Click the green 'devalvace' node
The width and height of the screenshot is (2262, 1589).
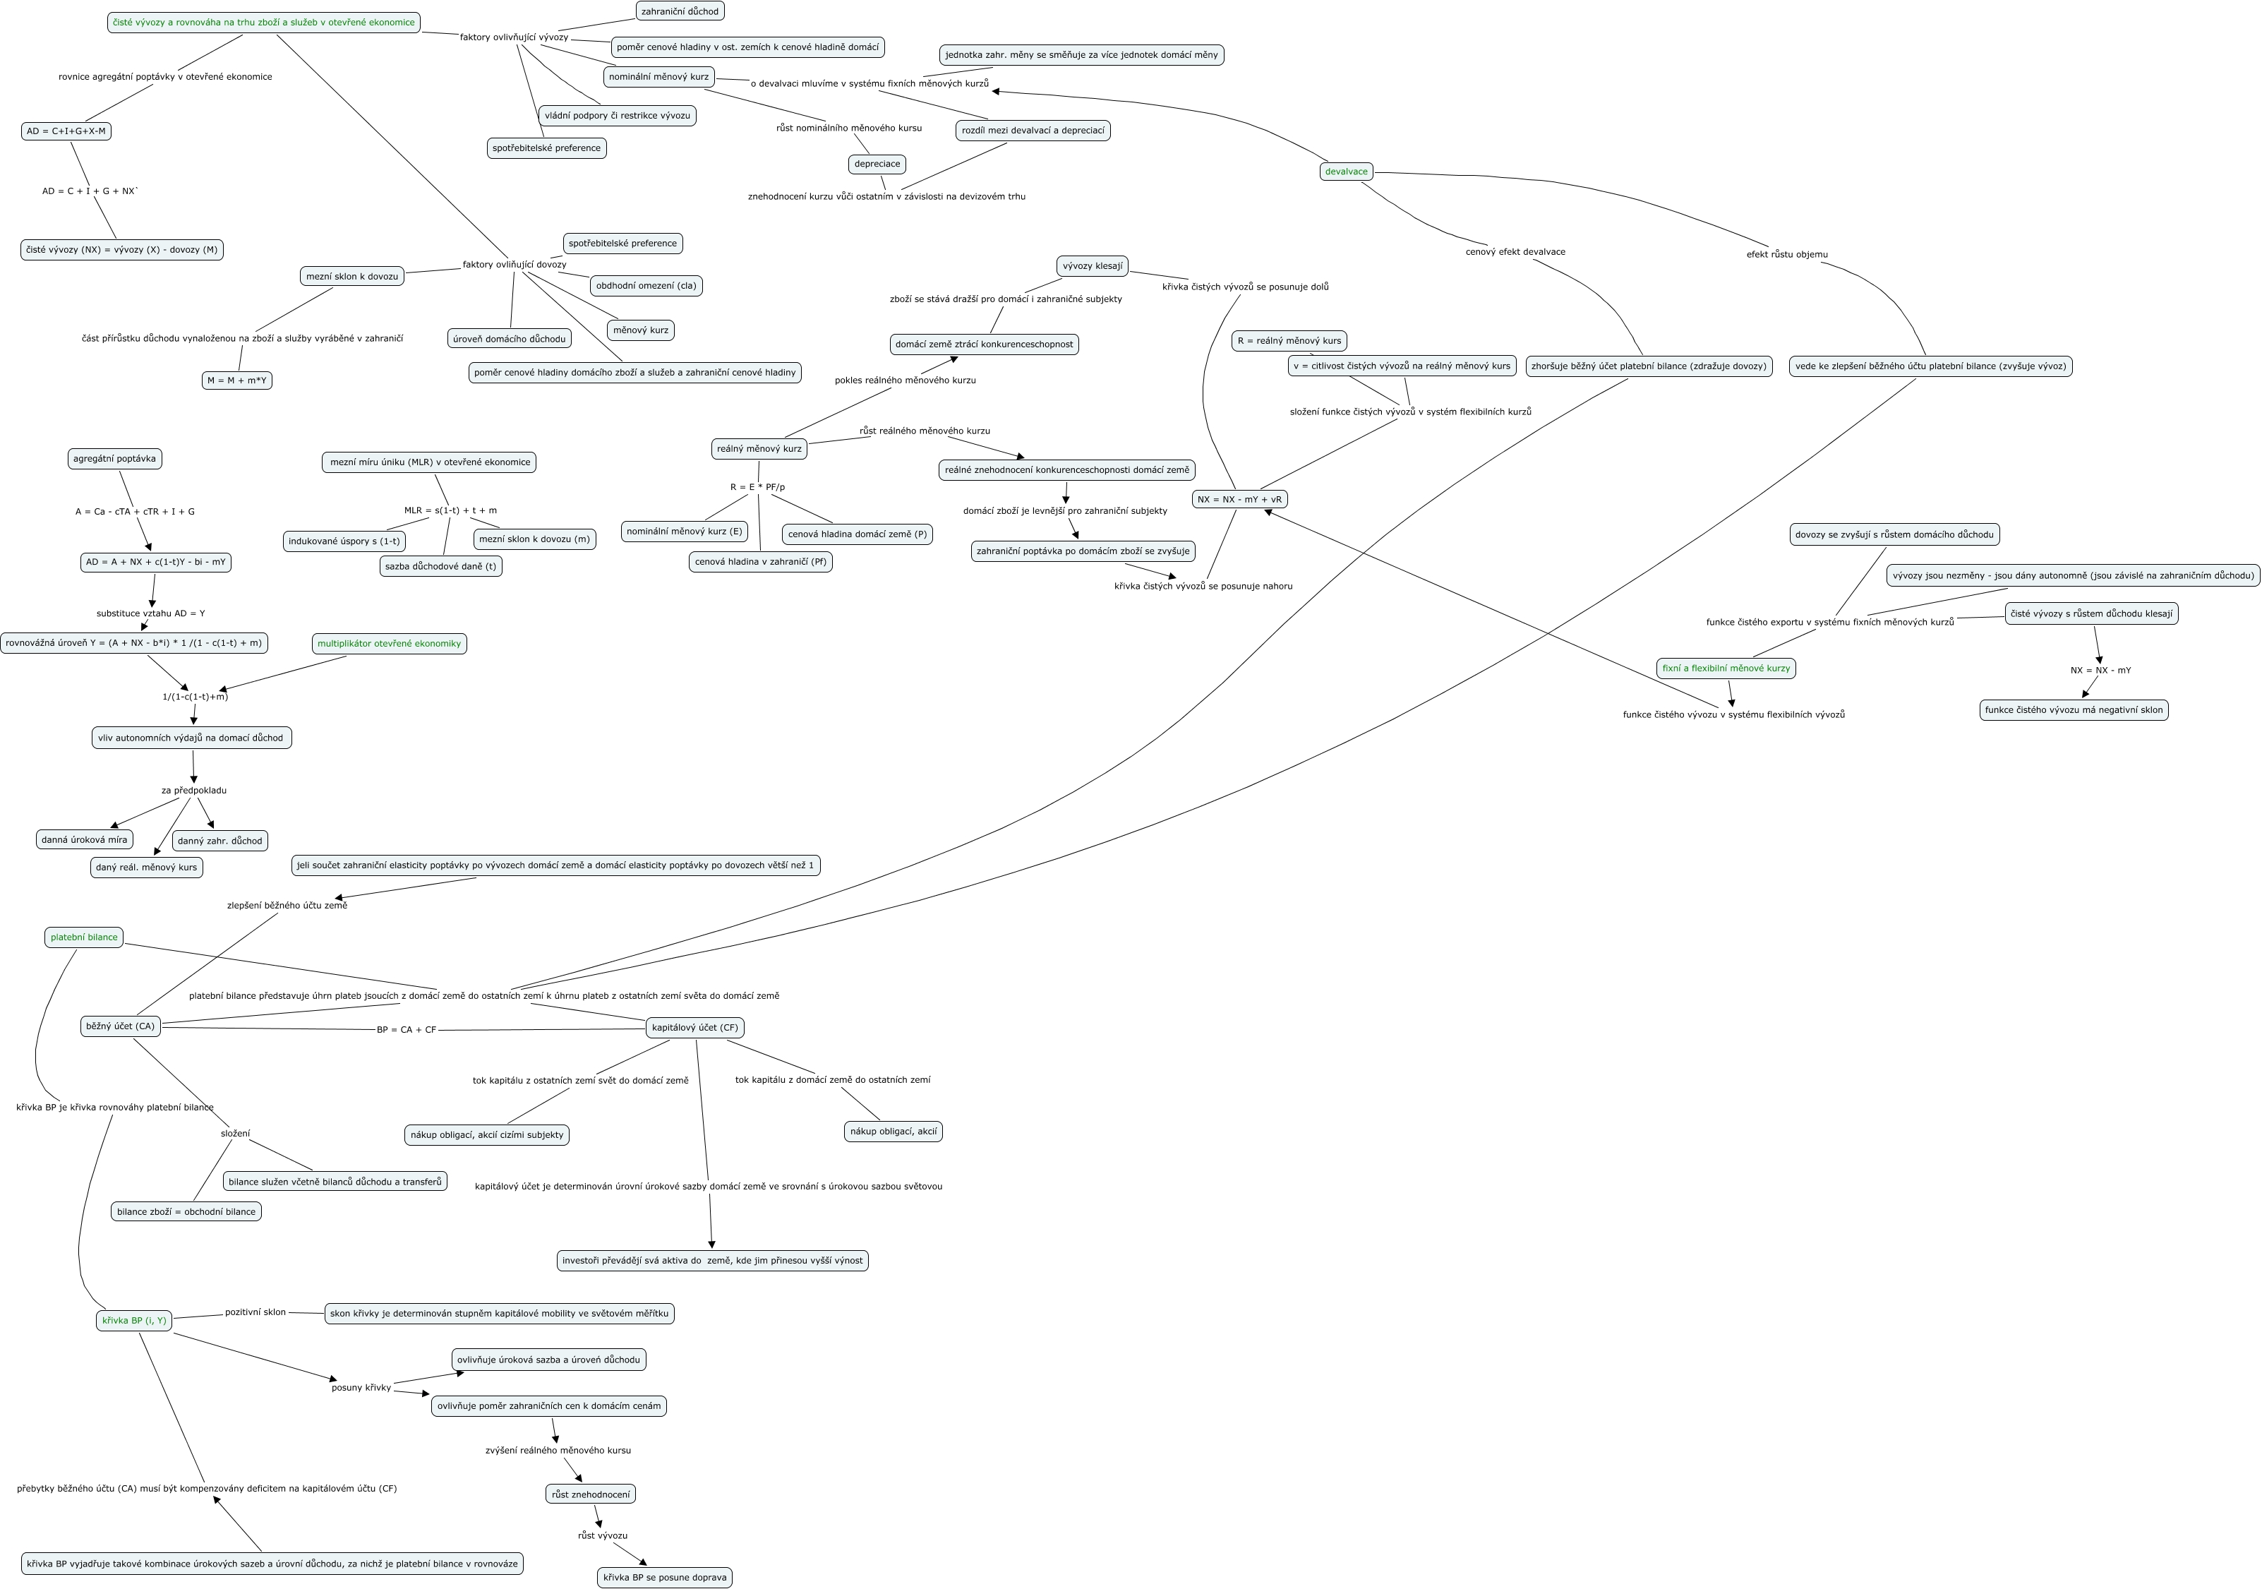(1346, 172)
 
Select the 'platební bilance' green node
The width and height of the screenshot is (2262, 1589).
(84, 937)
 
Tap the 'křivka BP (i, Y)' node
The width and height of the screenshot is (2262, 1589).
(134, 1320)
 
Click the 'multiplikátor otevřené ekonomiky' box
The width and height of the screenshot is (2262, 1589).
(389, 643)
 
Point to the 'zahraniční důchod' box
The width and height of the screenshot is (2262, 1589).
(680, 11)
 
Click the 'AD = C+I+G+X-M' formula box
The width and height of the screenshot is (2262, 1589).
(66, 131)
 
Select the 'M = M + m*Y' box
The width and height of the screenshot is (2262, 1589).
(236, 380)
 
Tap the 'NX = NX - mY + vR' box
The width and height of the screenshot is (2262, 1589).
(1239, 500)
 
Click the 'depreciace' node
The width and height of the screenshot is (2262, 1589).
(877, 164)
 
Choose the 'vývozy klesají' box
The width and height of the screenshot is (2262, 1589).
(1093, 266)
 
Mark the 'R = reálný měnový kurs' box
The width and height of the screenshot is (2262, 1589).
(1289, 341)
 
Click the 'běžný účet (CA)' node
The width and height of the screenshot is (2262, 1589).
(120, 1026)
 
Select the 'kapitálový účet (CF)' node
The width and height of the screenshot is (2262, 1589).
(694, 1028)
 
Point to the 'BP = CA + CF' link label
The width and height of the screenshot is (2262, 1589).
(406, 1029)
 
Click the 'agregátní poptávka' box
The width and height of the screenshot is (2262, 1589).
(114, 458)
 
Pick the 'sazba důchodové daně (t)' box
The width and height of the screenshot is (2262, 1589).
(440, 565)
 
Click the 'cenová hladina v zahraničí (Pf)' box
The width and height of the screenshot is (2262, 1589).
(761, 561)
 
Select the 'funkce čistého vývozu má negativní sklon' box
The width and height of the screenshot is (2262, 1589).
(2074, 709)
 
